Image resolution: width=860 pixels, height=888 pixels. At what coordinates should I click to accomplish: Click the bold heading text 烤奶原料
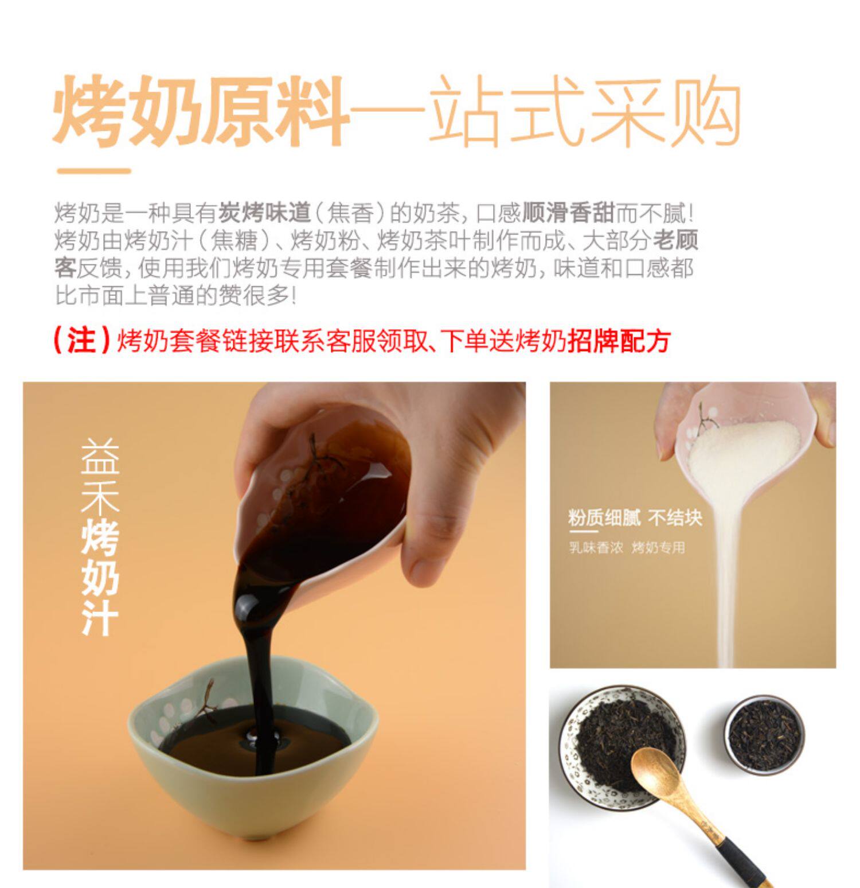click(201, 110)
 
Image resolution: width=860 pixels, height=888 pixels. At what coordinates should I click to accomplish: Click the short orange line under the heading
click(94, 170)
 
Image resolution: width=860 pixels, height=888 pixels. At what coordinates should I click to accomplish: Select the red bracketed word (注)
click(81, 340)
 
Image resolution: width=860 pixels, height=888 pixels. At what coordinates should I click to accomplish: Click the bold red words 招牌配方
click(619, 341)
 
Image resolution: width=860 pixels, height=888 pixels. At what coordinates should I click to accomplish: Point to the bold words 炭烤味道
click(264, 213)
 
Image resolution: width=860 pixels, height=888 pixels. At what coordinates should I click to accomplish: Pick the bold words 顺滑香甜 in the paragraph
click(568, 213)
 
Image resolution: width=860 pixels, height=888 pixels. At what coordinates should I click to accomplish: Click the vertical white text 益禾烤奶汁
click(100, 537)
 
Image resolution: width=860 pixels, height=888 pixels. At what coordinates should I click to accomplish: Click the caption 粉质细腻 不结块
click(635, 518)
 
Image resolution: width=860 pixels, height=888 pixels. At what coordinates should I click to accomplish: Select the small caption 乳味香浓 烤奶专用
click(627, 548)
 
